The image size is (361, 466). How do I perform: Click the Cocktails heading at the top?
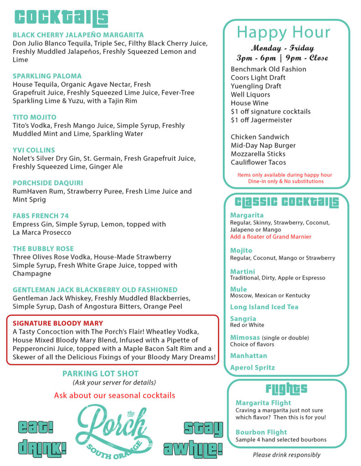(x=61, y=18)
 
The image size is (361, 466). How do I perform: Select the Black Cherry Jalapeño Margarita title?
(x=78, y=35)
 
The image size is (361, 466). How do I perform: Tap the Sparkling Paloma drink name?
(x=47, y=76)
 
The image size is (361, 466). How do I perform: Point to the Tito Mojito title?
(x=35, y=117)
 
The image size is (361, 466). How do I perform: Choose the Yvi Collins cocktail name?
(x=34, y=150)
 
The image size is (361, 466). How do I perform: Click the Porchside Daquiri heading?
(x=46, y=183)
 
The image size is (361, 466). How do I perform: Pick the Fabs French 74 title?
(x=41, y=216)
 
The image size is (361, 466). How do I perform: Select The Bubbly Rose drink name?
(x=43, y=249)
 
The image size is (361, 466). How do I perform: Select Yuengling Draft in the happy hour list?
(x=256, y=86)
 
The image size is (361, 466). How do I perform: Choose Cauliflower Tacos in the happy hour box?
(x=258, y=162)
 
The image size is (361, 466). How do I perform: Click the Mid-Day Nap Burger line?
(x=263, y=146)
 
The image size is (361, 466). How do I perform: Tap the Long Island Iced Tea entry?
(x=264, y=307)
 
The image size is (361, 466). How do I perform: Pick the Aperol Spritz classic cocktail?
(x=253, y=368)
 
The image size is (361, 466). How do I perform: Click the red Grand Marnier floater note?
(x=270, y=237)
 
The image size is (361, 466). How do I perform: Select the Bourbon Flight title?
(x=261, y=432)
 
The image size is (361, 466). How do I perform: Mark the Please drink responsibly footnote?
(x=287, y=455)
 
